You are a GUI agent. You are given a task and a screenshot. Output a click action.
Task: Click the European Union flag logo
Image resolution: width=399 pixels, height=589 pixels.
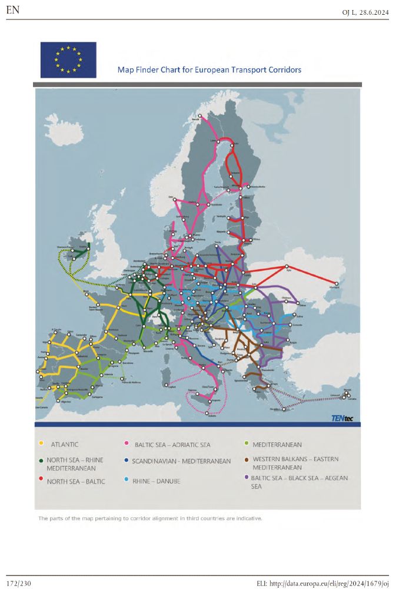coord(68,59)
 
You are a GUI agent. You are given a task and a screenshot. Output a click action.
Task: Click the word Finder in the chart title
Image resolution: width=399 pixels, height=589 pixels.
coord(154,70)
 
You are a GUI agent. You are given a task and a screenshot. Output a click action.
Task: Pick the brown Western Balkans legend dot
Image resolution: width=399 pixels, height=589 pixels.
coord(246,459)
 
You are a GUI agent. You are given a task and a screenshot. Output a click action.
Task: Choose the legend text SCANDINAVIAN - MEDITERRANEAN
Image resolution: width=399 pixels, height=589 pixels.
coord(181,461)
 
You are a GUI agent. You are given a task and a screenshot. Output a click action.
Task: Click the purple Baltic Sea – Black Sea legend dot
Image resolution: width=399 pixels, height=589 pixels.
coord(246,478)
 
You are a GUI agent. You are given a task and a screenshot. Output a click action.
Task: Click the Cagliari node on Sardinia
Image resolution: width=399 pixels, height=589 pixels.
coord(171,386)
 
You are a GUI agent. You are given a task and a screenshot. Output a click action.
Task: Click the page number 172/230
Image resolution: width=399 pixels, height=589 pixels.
coord(21,583)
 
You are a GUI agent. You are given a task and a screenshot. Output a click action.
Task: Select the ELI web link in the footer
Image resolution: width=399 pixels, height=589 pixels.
coord(322,583)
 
